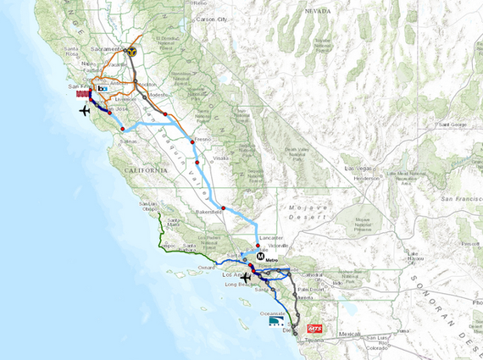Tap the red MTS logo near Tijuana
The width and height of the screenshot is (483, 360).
[x=315, y=328]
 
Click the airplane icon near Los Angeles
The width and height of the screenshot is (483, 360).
[x=247, y=277]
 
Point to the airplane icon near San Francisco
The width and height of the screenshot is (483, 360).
[x=84, y=109]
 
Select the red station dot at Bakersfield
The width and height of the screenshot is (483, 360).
[x=224, y=208]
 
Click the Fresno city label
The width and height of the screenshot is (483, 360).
[x=202, y=138]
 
